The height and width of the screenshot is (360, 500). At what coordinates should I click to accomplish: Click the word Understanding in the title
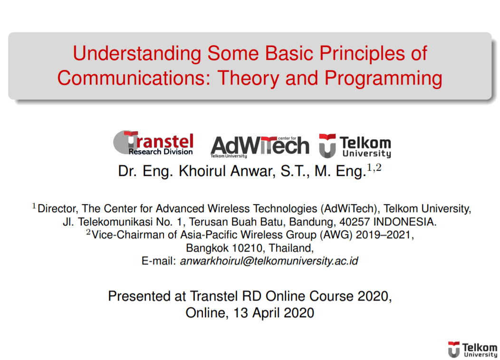(137, 54)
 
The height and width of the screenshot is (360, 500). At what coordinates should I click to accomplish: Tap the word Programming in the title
(383, 79)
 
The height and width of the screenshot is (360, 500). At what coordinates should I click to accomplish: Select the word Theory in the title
(248, 78)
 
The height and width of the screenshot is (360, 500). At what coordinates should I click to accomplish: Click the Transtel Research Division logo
(154, 143)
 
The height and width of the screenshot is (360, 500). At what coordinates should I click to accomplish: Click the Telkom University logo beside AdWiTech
(355, 146)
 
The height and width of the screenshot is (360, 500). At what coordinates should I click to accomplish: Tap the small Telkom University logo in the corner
(473, 350)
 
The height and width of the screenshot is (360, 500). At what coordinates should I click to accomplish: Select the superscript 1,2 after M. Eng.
(374, 167)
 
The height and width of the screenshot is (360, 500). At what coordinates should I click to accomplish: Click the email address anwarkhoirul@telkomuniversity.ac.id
(269, 261)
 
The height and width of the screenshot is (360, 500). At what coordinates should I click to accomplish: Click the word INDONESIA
(404, 222)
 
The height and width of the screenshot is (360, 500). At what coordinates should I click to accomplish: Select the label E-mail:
(159, 261)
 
